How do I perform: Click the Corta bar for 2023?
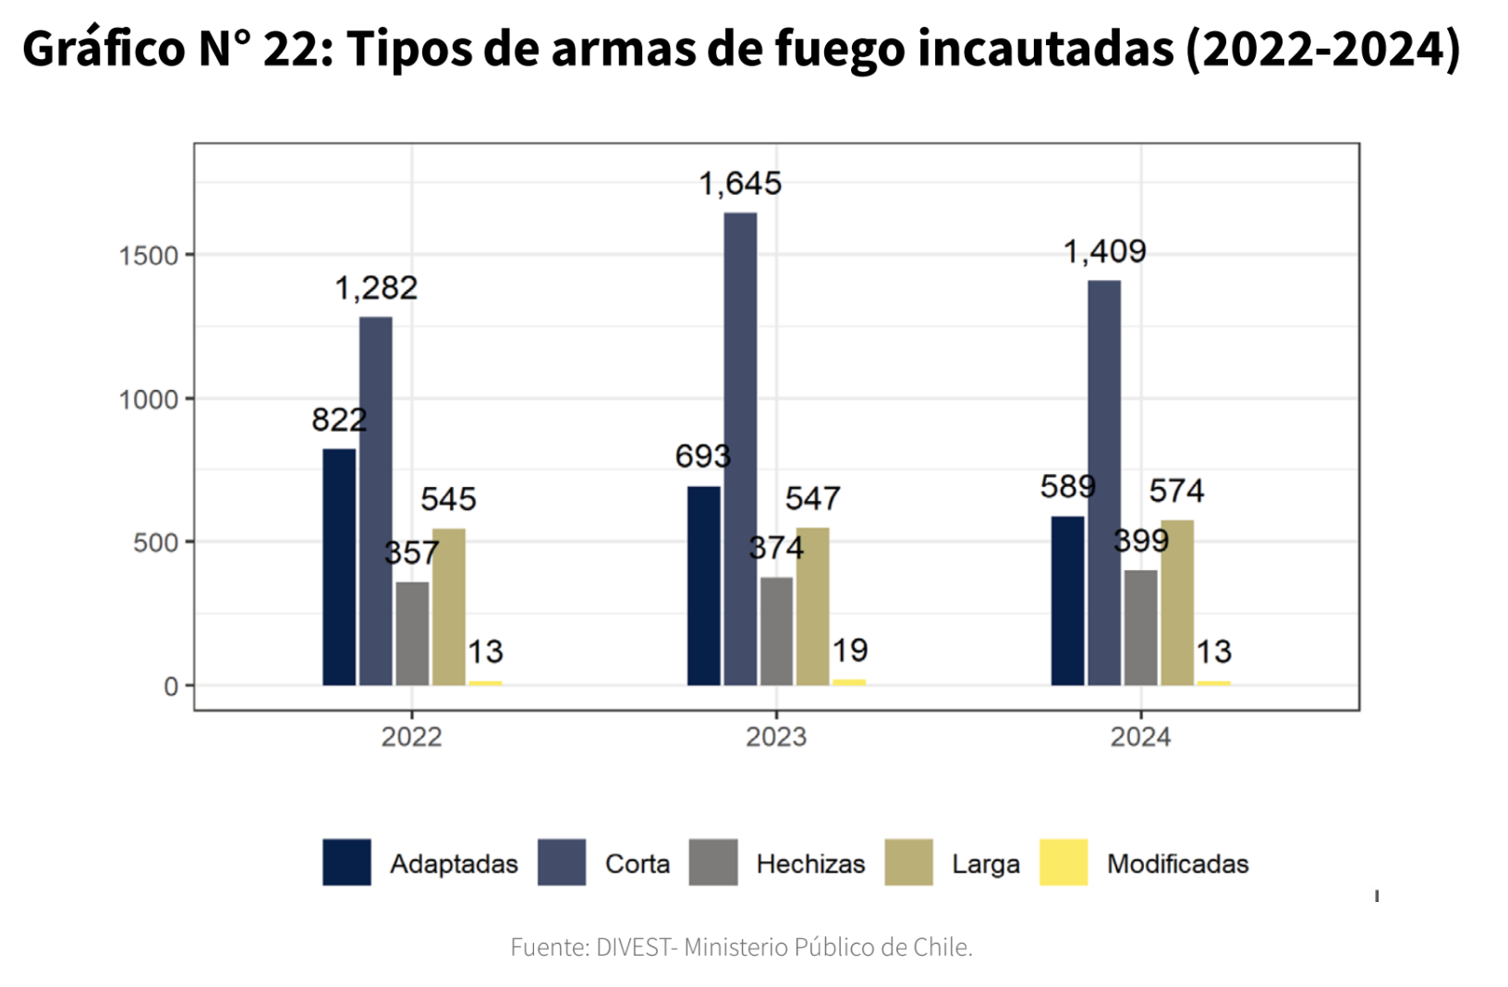(740, 449)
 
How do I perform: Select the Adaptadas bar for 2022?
(339, 567)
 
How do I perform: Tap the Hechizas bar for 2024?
(1140, 628)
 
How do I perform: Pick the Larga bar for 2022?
(448, 607)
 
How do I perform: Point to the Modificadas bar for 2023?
(849, 682)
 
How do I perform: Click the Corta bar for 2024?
(1104, 483)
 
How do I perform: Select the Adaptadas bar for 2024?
(1067, 601)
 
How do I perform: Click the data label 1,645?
(740, 184)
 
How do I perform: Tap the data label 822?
(339, 420)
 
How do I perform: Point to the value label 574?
(1176, 491)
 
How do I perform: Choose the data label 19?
(849, 651)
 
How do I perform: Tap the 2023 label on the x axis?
(776, 737)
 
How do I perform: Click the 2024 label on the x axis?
(1140, 737)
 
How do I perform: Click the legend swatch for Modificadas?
(1064, 862)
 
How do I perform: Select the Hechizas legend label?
(810, 864)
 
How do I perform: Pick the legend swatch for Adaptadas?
(347, 862)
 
